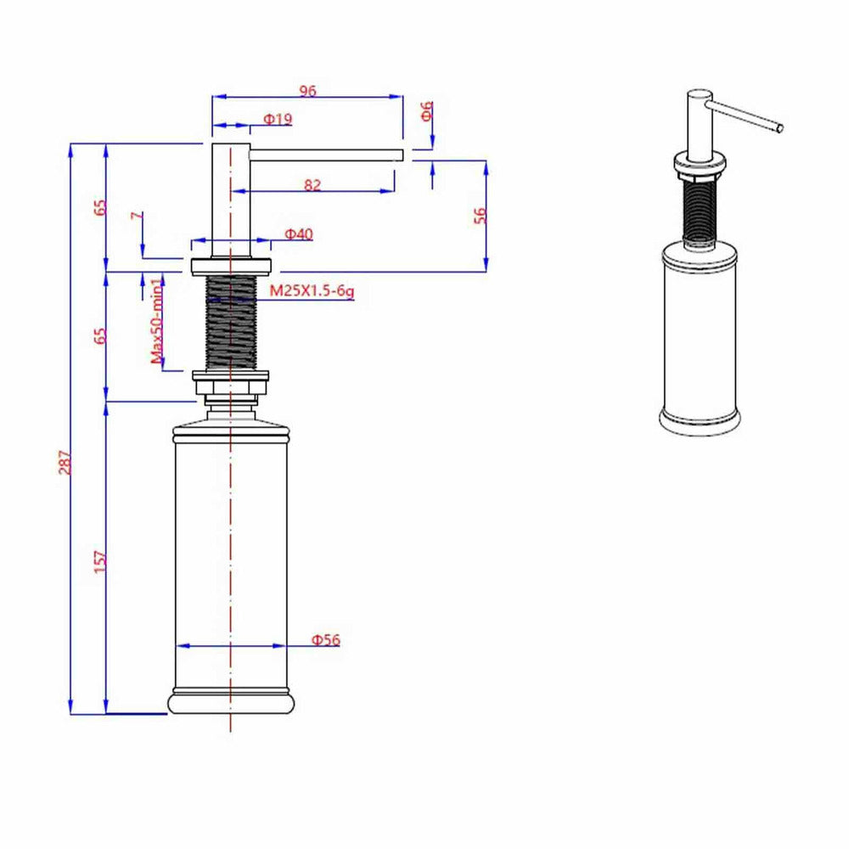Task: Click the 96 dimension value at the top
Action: pos(307,91)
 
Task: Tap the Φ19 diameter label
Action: pos(278,119)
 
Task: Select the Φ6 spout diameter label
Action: pos(427,111)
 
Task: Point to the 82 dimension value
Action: pos(312,185)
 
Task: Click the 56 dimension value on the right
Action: pos(480,215)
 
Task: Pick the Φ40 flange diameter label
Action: pos(299,234)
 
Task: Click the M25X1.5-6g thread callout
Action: pos(312,290)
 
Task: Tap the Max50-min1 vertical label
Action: pos(156,321)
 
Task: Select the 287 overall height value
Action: pos(65,462)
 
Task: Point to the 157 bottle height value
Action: pos(100,561)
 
